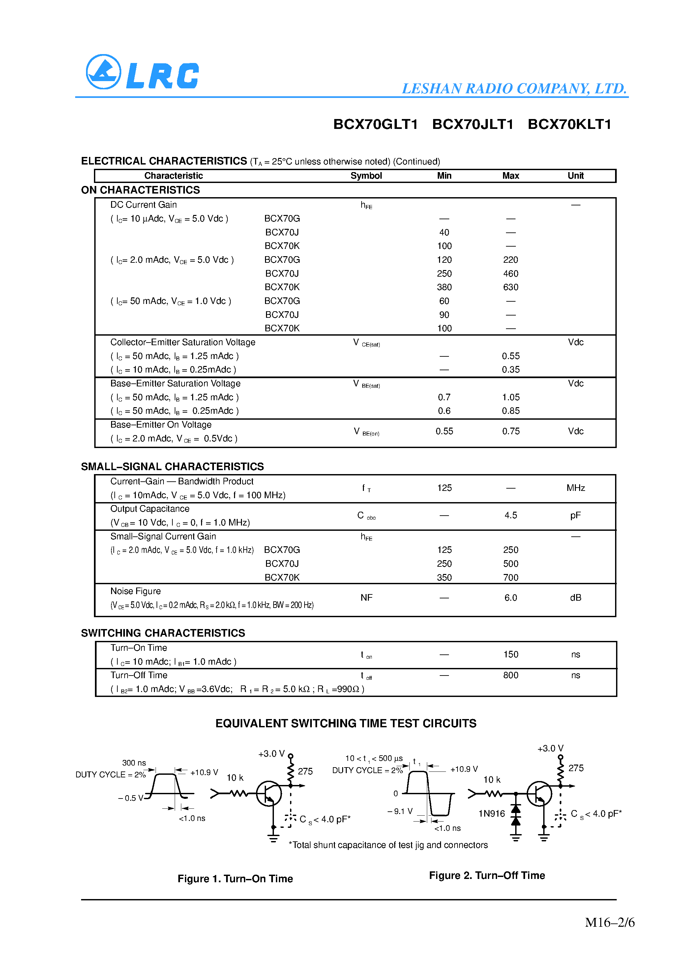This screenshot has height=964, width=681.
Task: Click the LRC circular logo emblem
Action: (x=103, y=72)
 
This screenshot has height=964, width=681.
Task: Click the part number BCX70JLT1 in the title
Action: (x=472, y=124)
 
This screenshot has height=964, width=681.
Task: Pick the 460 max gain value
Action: (x=510, y=274)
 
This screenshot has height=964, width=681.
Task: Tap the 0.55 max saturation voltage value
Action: (x=510, y=356)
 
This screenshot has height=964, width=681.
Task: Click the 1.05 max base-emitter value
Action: (x=510, y=397)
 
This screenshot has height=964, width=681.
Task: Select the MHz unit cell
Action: (x=575, y=488)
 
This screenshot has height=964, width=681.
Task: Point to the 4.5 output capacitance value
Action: (x=510, y=515)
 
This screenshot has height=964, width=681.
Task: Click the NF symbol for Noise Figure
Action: (x=366, y=597)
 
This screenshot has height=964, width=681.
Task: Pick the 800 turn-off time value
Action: (x=510, y=675)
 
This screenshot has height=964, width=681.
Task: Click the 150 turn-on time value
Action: (x=510, y=654)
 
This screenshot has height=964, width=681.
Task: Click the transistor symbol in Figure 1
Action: (x=269, y=793)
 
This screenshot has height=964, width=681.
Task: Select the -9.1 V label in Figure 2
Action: (x=400, y=811)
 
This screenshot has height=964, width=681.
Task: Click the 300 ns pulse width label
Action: (x=134, y=763)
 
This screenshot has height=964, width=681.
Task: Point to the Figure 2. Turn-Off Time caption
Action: (x=487, y=875)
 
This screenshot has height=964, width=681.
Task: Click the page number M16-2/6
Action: (x=609, y=922)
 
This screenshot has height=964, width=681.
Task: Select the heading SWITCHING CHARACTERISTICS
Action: (x=163, y=633)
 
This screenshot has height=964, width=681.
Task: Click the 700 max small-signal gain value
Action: (x=510, y=578)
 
